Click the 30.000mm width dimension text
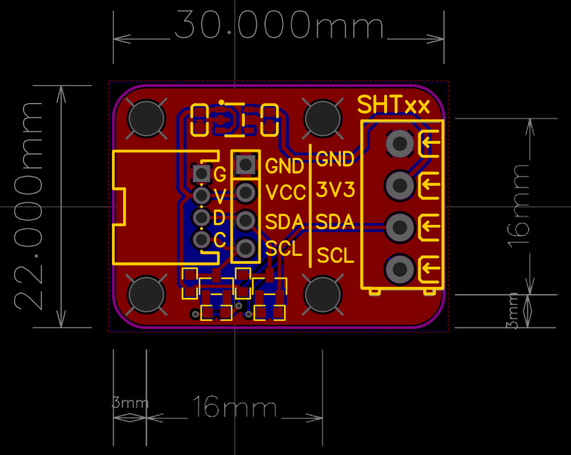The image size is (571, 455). (279, 26)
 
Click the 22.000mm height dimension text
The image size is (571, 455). (29, 205)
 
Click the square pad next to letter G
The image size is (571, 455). (202, 173)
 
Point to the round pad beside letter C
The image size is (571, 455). (202, 240)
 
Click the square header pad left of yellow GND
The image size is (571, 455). (245, 164)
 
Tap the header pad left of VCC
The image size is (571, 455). (245, 191)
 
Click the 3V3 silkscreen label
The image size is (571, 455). (336, 190)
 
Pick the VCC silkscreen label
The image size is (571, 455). (285, 193)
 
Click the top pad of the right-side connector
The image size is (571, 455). (400, 143)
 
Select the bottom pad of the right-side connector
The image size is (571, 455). (400, 270)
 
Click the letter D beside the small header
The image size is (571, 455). (219, 218)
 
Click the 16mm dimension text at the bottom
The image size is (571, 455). (234, 407)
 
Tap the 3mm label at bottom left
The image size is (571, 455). (130, 403)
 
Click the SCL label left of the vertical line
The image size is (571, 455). (284, 249)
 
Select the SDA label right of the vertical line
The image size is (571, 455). (335, 222)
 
